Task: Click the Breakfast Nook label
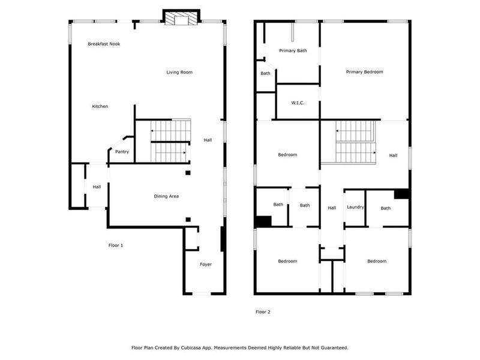coord(104,44)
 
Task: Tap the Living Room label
coord(179,73)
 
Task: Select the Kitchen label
coord(100,106)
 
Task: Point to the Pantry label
coord(122,152)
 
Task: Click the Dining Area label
coord(166,196)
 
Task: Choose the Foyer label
coord(206,264)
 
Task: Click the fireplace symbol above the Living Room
coord(181,19)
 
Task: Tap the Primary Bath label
coord(293,50)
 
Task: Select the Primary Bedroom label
coord(364,72)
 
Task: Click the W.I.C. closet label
coord(298,103)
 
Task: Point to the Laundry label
coord(355,207)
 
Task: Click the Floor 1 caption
coord(116,245)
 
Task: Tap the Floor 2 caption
coord(263,311)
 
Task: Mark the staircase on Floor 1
coord(170,141)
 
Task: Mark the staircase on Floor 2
coord(355,142)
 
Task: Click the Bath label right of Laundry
coord(385,208)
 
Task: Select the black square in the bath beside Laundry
coord(401,194)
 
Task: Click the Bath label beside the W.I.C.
coord(265,73)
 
